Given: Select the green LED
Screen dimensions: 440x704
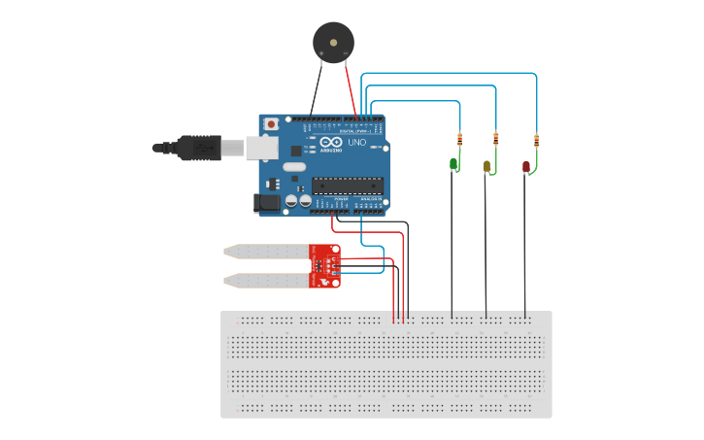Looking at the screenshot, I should (x=453, y=164).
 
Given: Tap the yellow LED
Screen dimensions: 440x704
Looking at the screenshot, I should (x=487, y=167).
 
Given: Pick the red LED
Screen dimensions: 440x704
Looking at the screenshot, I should (x=526, y=167).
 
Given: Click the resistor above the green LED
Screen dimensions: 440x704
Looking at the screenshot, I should (x=459, y=138).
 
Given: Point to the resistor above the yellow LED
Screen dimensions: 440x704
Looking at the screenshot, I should (x=496, y=138).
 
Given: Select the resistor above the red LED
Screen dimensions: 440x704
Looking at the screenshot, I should (x=535, y=138).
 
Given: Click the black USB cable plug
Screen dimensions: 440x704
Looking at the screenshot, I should (x=200, y=148).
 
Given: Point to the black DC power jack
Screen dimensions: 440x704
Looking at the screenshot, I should (x=265, y=203).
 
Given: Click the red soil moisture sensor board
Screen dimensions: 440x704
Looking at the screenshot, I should (x=324, y=266).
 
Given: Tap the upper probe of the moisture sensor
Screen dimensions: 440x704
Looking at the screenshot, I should (x=266, y=251).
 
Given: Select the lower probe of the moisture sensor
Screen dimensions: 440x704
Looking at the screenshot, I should (x=266, y=281).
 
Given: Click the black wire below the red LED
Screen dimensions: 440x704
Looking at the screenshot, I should (x=525, y=243).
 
